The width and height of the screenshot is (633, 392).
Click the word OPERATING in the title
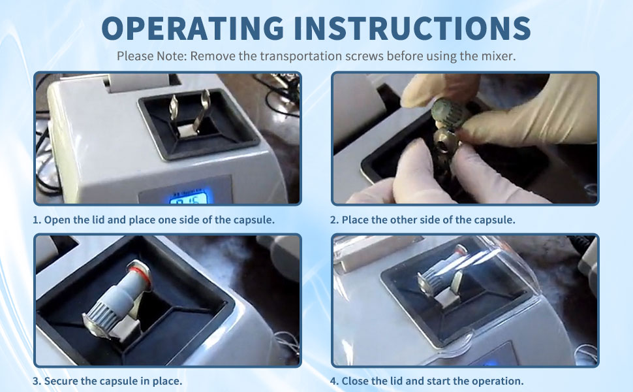tap(193, 28)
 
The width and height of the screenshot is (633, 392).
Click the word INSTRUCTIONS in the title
tap(412, 28)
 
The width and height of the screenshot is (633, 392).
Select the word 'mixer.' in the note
tap(498, 56)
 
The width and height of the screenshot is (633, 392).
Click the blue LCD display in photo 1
tap(189, 197)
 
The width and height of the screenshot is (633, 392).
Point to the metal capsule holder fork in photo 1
tap(190, 112)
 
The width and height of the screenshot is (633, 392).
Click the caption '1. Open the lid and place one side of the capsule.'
tap(154, 220)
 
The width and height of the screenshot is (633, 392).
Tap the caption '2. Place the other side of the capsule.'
tap(423, 220)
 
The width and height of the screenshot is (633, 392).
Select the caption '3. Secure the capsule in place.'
tap(108, 381)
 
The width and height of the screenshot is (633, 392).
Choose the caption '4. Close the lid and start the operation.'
tap(427, 381)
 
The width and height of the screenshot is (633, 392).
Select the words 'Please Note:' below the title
tap(152, 56)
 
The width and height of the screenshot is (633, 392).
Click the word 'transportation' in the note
tap(300, 56)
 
